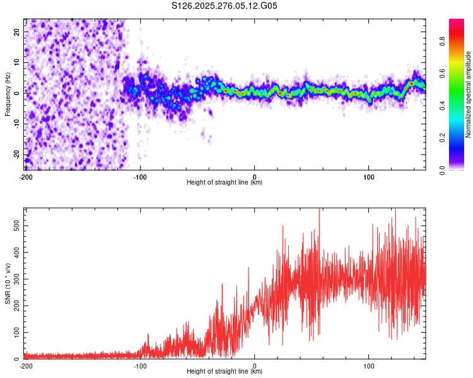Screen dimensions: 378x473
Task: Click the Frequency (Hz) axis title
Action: pyautogui.click(x=8, y=94)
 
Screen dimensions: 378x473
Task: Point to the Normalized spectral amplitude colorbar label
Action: pyautogui.click(x=468, y=94)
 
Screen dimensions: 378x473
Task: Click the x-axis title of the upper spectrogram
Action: pyautogui.click(x=225, y=182)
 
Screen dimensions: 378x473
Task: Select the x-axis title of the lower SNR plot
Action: pyautogui.click(x=225, y=371)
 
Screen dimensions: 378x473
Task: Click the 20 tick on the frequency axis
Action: pyautogui.click(x=17, y=33)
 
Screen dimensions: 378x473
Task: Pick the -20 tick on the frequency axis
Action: pyautogui.click(x=16, y=154)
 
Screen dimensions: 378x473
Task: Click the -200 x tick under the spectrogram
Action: pyautogui.click(x=26, y=176)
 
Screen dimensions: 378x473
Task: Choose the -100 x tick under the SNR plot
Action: pyautogui.click(x=140, y=365)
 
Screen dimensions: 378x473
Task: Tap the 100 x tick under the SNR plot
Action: pyautogui.click(x=368, y=365)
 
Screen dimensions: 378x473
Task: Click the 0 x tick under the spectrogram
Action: pyautogui.click(x=254, y=176)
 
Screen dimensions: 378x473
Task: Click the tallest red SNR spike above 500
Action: pyautogui.click(x=319, y=210)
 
